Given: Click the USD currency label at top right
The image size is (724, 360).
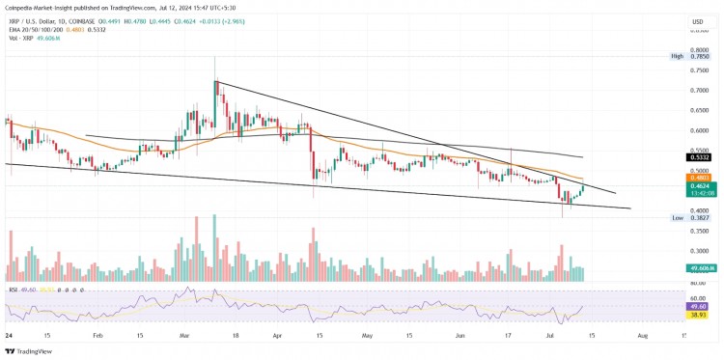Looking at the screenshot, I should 697,21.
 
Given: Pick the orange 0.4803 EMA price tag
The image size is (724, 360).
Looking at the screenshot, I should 698,178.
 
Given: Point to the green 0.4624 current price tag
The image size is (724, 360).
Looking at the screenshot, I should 698,186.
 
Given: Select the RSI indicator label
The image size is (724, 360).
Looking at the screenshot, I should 14,289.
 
